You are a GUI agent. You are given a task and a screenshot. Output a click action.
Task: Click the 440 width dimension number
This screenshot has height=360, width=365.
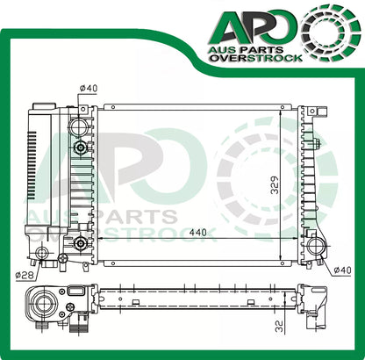(x=197, y=233)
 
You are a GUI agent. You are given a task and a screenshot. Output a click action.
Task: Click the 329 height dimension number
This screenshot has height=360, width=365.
(x=275, y=184)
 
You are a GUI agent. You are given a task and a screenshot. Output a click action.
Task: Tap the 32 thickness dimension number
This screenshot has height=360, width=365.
(x=280, y=327)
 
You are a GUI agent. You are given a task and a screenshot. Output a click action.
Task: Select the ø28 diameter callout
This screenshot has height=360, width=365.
(x=25, y=275)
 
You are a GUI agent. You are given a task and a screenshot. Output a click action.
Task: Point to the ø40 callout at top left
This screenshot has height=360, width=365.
(x=89, y=88)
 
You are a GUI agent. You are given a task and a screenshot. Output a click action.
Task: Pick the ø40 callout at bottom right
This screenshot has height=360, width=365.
(x=342, y=270)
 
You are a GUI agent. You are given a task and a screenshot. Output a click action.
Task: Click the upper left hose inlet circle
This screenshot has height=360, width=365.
(x=78, y=126)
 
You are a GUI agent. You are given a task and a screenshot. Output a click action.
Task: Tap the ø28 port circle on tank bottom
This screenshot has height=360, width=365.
(x=41, y=252)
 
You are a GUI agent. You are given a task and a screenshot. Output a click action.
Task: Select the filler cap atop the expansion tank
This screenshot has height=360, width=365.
(x=45, y=105)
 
